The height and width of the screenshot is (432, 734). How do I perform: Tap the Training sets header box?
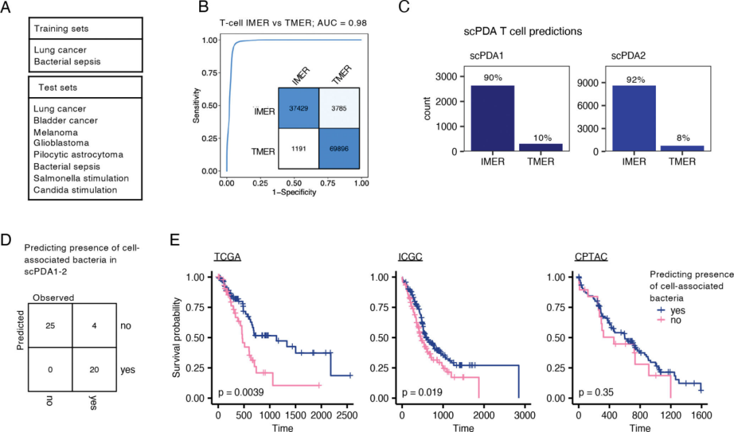86,29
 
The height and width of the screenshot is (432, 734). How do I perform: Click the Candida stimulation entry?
75,190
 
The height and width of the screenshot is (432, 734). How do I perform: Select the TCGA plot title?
230,257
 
